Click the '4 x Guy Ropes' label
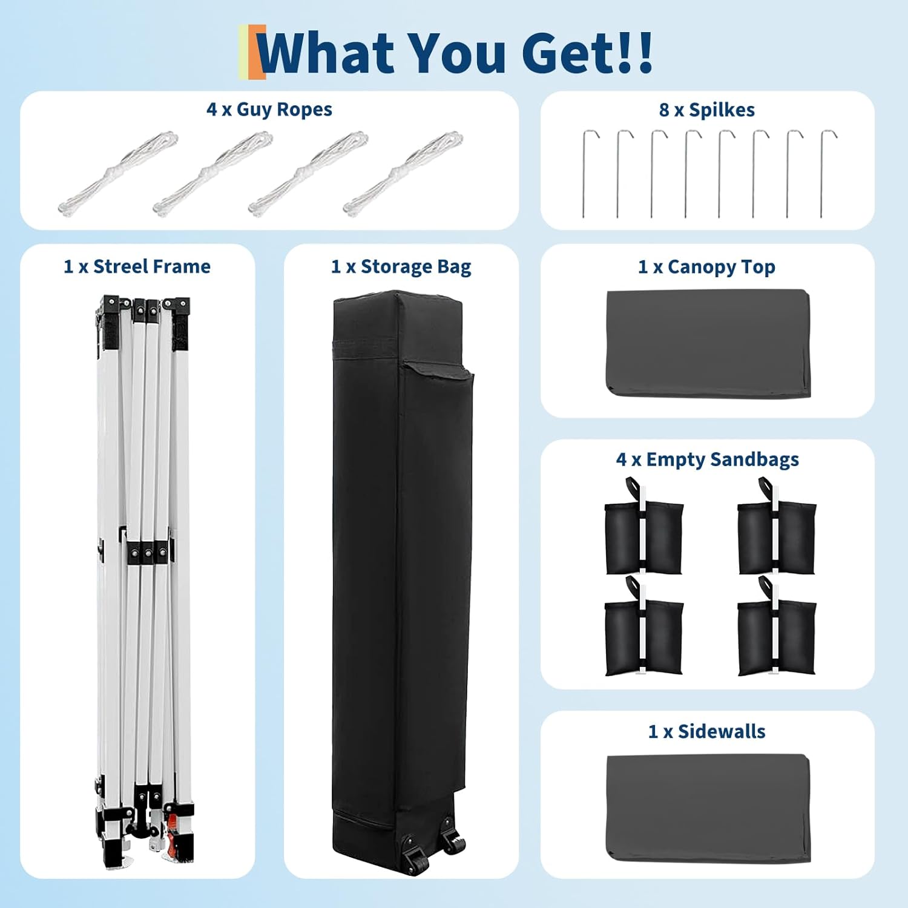(269, 110)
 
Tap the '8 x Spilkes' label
(707, 110)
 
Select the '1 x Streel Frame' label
(137, 267)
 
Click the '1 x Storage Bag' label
(401, 267)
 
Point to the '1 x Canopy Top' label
(707, 267)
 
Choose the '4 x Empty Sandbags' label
(708, 459)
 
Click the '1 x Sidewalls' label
(707, 731)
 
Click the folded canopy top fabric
(708, 344)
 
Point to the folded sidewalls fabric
(708, 808)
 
